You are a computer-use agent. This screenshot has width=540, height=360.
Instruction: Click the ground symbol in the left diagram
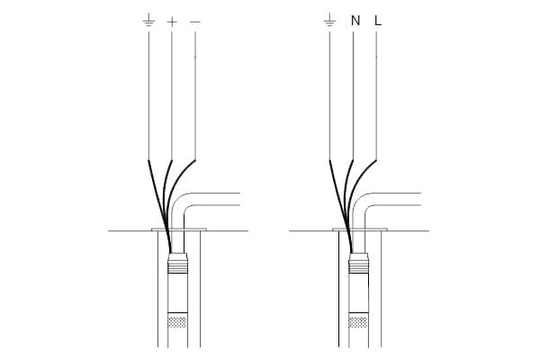tap(148, 20)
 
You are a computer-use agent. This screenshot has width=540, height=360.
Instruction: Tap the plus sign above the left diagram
tap(172, 22)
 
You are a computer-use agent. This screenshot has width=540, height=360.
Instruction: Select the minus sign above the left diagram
tap(195, 22)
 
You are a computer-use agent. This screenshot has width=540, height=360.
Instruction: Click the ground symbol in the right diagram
tap(330, 20)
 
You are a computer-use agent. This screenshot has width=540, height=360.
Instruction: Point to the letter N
tap(355, 21)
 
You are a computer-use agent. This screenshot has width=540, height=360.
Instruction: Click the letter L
tap(378, 21)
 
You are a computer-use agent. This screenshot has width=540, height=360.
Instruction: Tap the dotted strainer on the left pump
tap(177, 322)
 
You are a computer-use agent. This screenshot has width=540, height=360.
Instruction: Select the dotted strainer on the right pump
tap(358, 322)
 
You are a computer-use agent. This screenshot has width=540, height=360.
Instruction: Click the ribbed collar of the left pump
tap(177, 265)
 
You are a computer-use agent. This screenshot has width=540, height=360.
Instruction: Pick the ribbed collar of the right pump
tap(359, 265)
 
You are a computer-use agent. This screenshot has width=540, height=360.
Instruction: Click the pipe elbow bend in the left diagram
tap(180, 204)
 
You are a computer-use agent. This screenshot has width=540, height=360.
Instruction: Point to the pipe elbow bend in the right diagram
tap(361, 204)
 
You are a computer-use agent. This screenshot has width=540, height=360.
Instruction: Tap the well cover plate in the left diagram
tap(179, 229)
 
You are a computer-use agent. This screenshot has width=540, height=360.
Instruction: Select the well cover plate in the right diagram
tap(360, 229)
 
